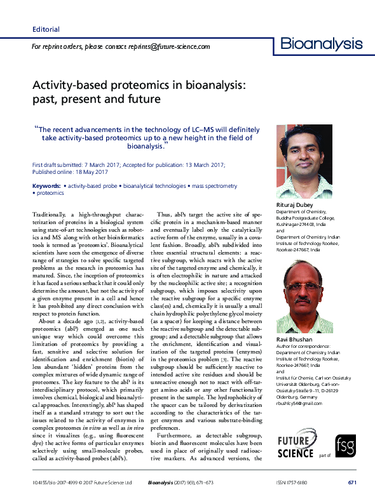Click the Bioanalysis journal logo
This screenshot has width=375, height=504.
tap(322, 44)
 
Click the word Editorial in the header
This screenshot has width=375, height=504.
tap(46, 29)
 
